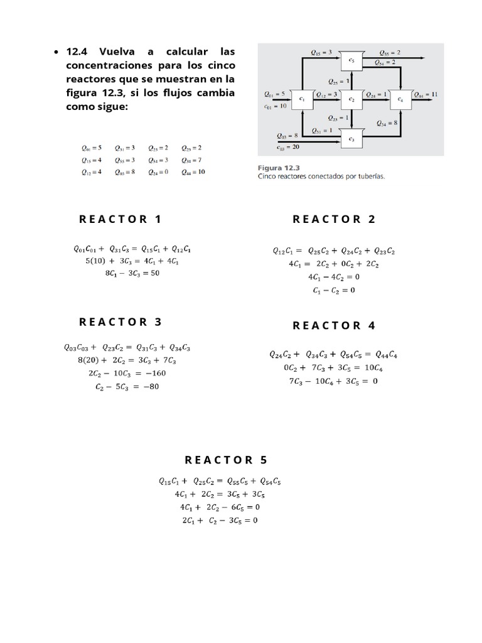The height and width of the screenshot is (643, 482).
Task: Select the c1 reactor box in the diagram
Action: coord(302,98)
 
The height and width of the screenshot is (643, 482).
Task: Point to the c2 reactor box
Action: coord(351,98)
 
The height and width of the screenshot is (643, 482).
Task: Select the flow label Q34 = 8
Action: coord(386,123)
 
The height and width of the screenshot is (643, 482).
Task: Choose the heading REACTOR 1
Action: coord(120,219)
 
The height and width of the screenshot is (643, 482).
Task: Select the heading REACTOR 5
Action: coord(226,460)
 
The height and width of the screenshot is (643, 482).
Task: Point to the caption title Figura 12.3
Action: coord(279,168)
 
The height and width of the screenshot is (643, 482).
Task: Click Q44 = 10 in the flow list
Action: coord(193,171)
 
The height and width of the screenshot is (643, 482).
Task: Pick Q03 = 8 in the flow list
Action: coord(126,171)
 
